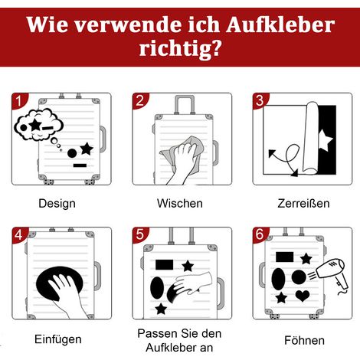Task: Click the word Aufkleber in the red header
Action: [280, 25]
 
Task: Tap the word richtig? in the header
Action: [180, 48]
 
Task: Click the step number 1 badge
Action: [18, 100]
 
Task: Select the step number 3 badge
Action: [260, 100]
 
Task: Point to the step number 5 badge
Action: [139, 234]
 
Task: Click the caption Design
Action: [57, 204]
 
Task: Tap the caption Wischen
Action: [180, 204]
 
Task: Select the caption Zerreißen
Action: [303, 204]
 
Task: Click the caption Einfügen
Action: [58, 339]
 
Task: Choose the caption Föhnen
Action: [304, 340]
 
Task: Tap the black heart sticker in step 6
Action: [303, 296]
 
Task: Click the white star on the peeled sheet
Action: [326, 140]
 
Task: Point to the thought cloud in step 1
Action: [38, 124]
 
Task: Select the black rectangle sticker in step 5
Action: [165, 265]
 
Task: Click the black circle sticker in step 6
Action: [299, 277]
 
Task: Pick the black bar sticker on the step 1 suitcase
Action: [80, 165]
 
